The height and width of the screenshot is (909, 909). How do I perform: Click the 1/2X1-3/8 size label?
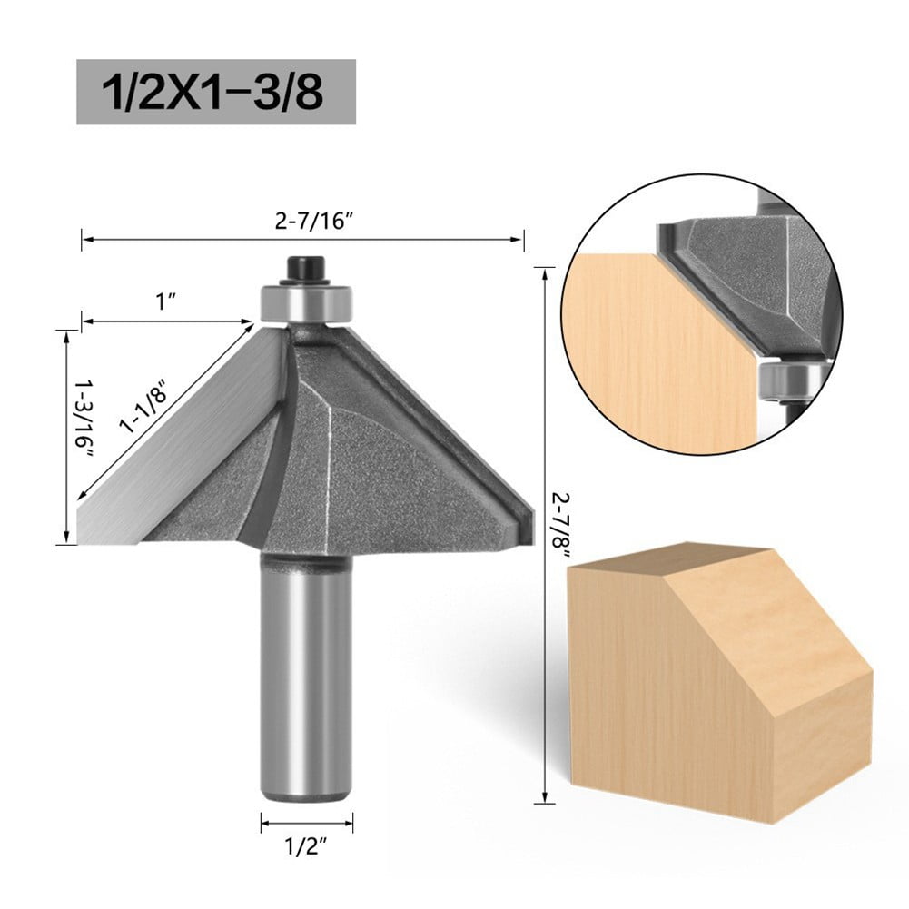click(x=215, y=93)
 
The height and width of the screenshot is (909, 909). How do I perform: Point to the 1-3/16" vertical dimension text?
click(x=87, y=419)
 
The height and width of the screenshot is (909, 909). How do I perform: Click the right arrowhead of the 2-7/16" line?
click(x=520, y=240)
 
